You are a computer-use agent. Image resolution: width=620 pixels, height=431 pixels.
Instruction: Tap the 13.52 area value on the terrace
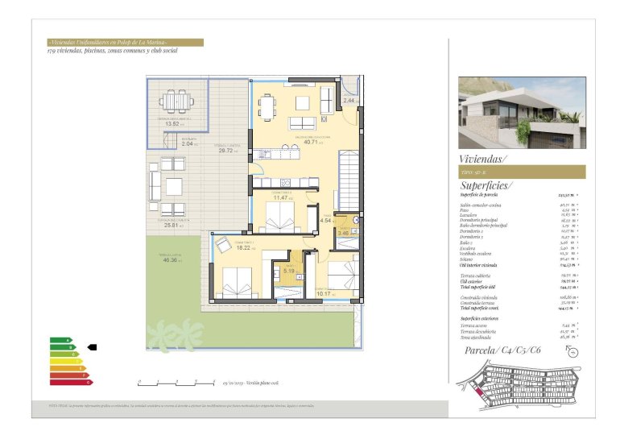[x=172, y=123]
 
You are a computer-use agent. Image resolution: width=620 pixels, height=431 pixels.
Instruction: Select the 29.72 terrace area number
[x=225, y=150]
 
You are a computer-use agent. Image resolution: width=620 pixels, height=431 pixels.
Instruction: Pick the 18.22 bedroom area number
[x=242, y=249]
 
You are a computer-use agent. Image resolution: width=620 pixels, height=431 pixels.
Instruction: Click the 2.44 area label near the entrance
[x=349, y=100]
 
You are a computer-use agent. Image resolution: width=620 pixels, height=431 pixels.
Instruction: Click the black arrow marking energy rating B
[x=92, y=347]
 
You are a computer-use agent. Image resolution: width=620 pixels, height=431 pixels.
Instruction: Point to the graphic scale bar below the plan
[x=176, y=380]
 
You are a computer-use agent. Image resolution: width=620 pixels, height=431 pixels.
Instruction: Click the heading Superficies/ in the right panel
[x=487, y=184]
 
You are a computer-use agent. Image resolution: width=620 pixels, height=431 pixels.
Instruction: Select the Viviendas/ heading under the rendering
[x=482, y=160]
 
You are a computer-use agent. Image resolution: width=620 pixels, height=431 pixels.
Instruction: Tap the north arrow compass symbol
[x=572, y=350]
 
